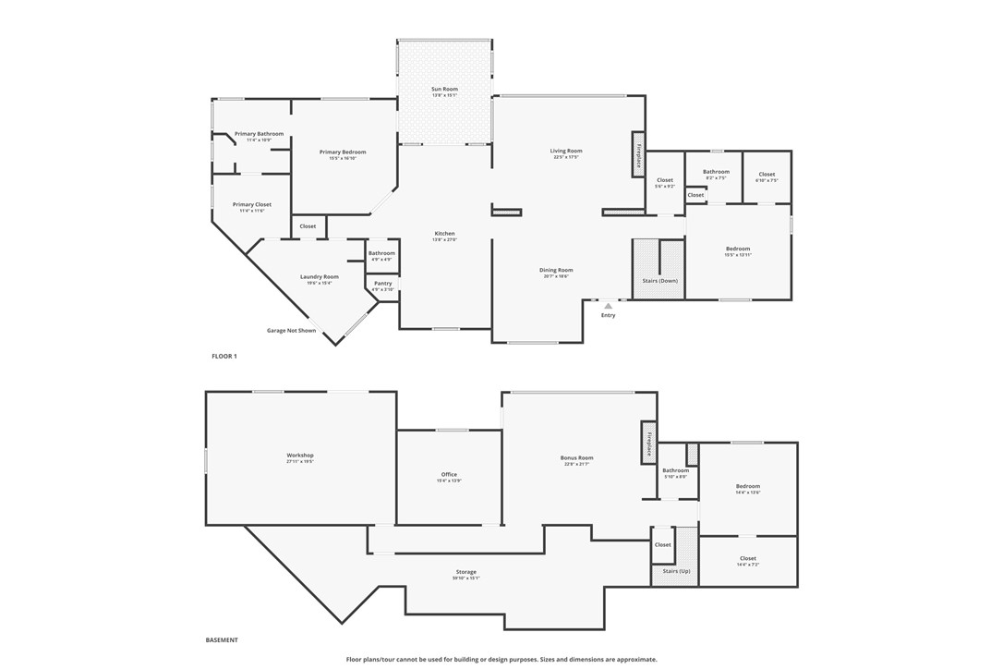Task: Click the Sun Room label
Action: point(444,89)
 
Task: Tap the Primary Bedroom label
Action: point(343,152)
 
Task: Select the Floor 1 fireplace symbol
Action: point(637,153)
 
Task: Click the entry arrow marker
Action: point(608,306)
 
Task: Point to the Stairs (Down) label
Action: point(660,280)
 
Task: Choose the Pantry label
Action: point(383,284)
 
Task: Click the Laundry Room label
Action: point(320,276)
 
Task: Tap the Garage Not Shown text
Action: point(291,330)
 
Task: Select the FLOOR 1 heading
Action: point(224,356)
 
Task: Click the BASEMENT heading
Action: point(222,639)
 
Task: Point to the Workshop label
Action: point(300,455)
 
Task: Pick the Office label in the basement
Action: point(449,475)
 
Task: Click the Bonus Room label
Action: point(576,457)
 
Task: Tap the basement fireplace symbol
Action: point(648,444)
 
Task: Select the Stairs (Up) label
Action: point(676,571)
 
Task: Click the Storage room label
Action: point(466,572)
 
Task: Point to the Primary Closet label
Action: point(251,204)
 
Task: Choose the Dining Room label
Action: point(556,270)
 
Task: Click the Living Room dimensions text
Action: point(566,157)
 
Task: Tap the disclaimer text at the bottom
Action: point(501,660)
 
